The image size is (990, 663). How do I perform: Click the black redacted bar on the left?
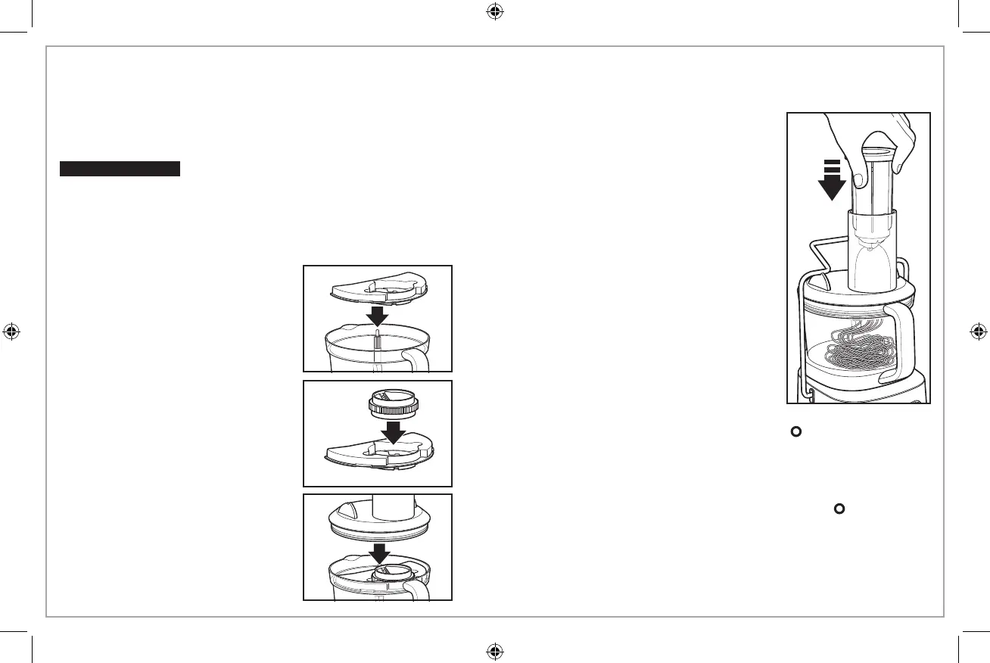120,168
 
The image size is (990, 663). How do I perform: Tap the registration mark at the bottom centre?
494,650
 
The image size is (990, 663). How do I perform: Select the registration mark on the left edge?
11,331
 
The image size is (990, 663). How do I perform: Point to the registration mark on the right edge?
978,331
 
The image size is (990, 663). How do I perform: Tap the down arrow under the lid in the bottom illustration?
377,552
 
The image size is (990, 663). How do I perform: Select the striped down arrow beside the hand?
831,179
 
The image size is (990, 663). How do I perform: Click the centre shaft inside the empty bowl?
377,341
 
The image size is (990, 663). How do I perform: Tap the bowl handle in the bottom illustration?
417,589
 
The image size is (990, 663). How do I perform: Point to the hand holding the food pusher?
878,144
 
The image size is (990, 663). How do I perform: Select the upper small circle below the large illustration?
795,431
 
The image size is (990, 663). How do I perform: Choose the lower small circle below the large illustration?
839,509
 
